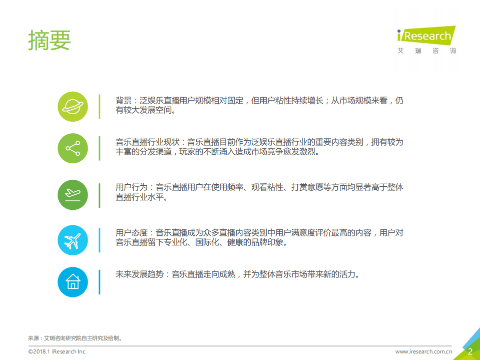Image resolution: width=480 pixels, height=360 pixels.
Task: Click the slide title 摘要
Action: pos(50,40)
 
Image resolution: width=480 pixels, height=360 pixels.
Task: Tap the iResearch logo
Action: pos(425,36)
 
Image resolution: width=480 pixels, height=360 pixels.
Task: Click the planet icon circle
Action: pos(73,107)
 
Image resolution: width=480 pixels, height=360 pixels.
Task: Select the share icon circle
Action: pos(73,148)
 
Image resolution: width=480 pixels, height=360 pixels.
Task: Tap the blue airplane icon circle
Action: pos(73,238)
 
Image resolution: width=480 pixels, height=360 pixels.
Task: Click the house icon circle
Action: pos(73,281)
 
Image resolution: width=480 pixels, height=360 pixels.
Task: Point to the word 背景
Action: pos(123,101)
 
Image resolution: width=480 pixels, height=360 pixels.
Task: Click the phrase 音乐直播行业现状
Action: pos(148,142)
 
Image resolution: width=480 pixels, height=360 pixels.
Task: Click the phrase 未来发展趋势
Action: pos(140,274)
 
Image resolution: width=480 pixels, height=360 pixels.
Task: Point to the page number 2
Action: pos(470,351)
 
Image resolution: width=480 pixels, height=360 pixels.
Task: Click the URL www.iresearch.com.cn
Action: pos(424,351)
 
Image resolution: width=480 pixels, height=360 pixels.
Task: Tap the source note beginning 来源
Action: pos(75,338)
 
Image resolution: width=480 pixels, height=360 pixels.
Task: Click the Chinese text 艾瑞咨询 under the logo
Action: pos(426,51)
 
